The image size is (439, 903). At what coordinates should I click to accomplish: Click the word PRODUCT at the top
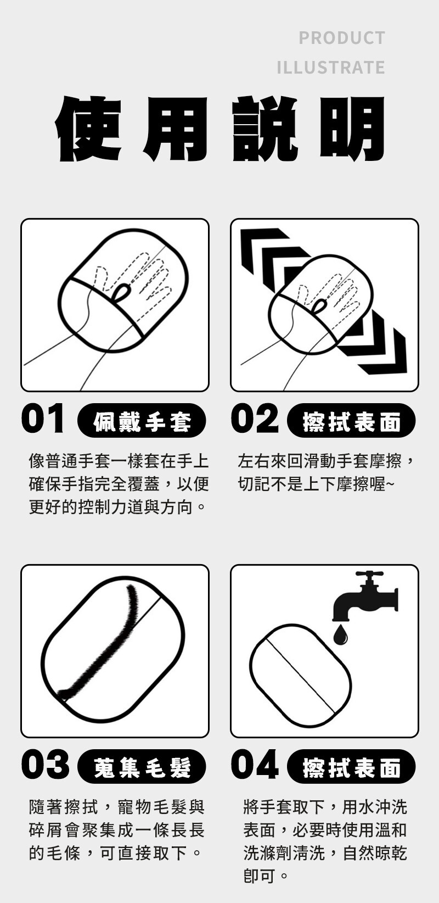(x=342, y=38)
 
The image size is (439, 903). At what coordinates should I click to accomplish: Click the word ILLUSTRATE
(x=331, y=68)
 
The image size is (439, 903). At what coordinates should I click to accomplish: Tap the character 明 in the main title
(x=352, y=129)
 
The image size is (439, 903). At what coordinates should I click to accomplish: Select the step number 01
(x=43, y=418)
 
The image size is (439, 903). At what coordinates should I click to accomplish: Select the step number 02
(x=255, y=418)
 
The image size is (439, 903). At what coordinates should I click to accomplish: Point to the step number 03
(x=45, y=765)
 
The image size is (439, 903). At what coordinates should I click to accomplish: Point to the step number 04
(x=255, y=765)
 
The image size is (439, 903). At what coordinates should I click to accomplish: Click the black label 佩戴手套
(x=142, y=420)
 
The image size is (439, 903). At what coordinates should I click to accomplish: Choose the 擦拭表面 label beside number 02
(x=351, y=420)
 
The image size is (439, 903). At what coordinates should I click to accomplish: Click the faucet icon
(x=364, y=596)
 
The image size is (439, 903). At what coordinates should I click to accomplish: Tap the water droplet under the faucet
(x=340, y=635)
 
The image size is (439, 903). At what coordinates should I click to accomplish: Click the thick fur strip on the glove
(x=100, y=645)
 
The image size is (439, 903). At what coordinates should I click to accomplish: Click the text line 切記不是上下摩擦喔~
(x=316, y=484)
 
